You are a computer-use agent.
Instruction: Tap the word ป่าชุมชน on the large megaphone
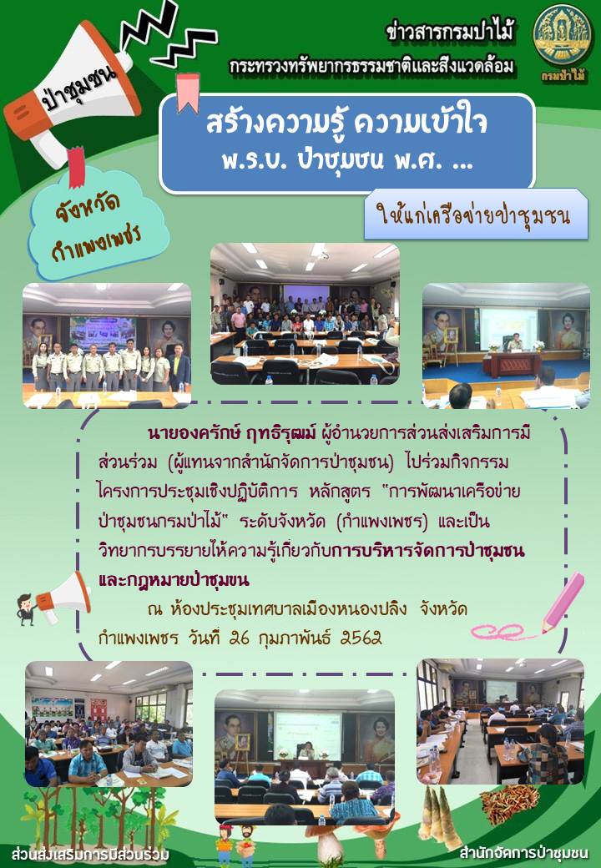pyautogui.click(x=79, y=89)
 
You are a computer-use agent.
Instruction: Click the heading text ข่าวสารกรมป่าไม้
pyautogui.click(x=450, y=32)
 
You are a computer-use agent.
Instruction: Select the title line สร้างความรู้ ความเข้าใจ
pyautogui.click(x=346, y=123)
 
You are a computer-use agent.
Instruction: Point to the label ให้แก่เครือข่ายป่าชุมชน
pyautogui.click(x=473, y=214)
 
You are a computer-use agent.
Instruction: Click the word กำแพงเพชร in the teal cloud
pyautogui.click(x=96, y=243)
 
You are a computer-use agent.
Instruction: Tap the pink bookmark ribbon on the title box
pyautogui.click(x=187, y=93)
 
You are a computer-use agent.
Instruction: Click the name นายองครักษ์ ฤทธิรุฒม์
pyautogui.click(x=231, y=432)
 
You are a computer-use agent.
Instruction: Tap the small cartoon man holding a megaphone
pyautogui.click(x=26, y=608)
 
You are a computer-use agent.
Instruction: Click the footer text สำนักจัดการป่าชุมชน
pyautogui.click(x=523, y=851)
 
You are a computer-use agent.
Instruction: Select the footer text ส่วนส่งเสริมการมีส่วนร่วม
pyautogui.click(x=89, y=853)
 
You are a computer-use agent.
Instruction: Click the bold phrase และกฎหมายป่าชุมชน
pyautogui.click(x=174, y=579)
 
